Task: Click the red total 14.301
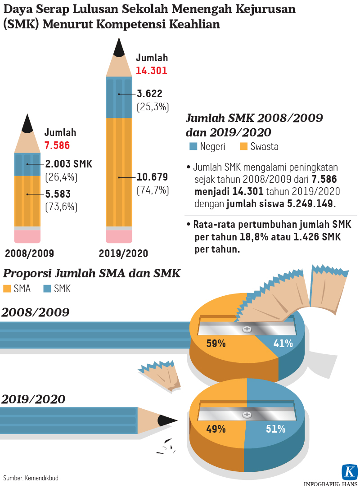[152, 71]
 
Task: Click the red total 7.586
[57, 145]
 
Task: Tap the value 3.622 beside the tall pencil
[149, 94]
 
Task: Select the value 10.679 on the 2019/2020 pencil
[153, 176]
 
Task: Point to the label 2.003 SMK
[69, 164]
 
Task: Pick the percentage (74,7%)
[153, 190]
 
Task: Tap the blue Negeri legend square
[193, 146]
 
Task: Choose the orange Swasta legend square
[244, 146]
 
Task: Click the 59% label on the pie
[216, 343]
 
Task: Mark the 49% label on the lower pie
[216, 429]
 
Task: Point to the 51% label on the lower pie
[275, 429]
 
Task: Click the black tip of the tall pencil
[119, 49]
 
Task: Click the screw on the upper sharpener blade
[247, 329]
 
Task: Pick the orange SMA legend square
[7, 289]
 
